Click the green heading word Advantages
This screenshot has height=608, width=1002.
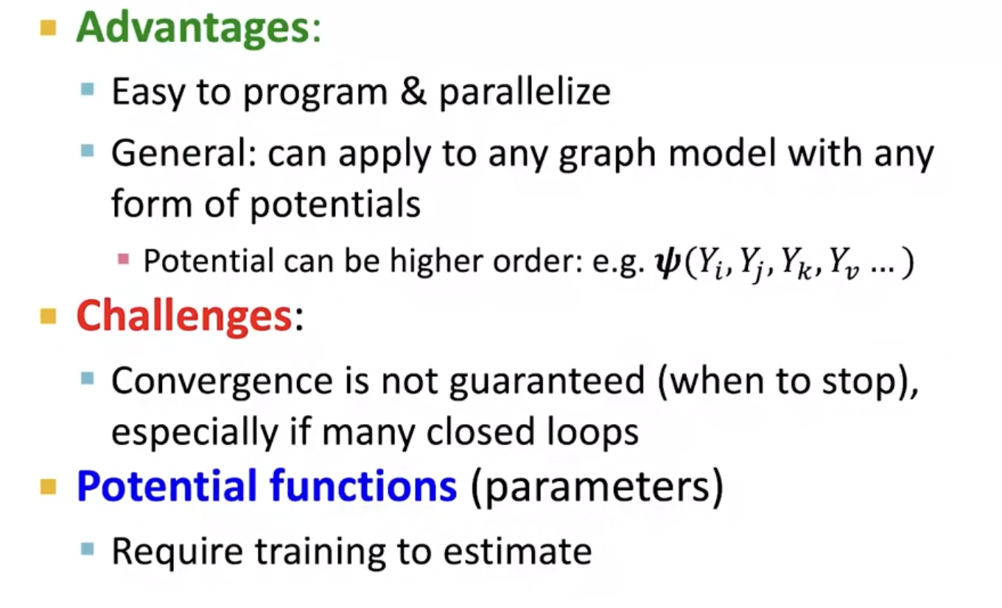coord(193,29)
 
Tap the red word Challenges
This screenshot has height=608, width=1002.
coord(184,317)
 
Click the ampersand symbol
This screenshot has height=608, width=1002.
coord(413,92)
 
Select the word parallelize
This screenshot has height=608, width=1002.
coord(525,93)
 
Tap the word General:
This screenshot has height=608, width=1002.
coord(184,153)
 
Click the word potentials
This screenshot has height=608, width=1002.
coord(335,204)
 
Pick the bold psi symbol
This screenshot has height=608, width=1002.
coord(668,263)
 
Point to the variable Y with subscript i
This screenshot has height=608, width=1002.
coord(711,264)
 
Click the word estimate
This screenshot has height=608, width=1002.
coord(517,551)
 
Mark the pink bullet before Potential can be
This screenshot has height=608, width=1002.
coord(123,259)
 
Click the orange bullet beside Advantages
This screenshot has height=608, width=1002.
coord(49,28)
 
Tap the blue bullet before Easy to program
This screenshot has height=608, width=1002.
coord(88,89)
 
